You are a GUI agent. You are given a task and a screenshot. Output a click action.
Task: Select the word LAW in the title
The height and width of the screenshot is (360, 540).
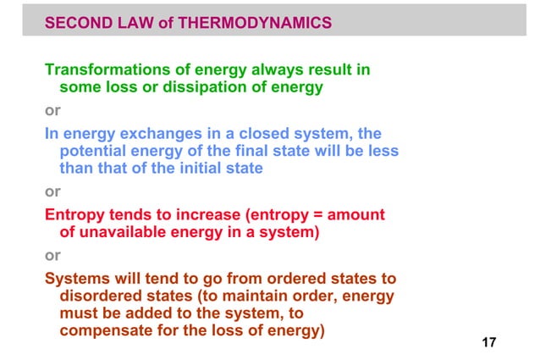pyautogui.click(x=136, y=25)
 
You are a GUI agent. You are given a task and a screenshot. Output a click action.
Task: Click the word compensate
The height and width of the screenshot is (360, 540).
pyautogui.click(x=112, y=331)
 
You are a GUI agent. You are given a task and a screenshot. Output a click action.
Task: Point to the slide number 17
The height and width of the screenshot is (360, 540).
pyautogui.click(x=488, y=342)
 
